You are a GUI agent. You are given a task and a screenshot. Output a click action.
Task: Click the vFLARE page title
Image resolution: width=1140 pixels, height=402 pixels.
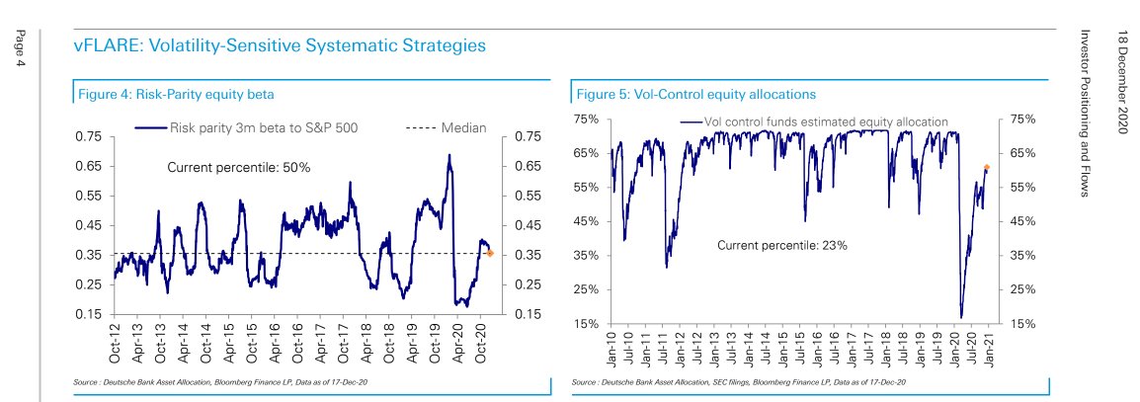281,45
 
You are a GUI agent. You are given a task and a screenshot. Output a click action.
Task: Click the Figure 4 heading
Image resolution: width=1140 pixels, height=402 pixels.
176,94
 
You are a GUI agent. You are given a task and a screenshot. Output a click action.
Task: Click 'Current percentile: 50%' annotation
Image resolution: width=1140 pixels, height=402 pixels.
239,168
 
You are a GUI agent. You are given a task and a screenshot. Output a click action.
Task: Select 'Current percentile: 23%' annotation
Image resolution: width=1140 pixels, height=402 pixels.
782,245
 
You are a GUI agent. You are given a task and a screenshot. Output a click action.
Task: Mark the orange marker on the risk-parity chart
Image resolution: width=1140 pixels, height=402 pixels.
490,254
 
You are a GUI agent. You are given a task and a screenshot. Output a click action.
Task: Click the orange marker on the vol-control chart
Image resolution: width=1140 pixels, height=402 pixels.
985,168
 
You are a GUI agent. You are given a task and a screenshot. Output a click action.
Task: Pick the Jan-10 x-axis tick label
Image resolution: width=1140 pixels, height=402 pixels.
612,346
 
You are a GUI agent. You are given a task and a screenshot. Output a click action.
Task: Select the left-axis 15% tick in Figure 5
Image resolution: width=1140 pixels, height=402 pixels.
586,323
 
